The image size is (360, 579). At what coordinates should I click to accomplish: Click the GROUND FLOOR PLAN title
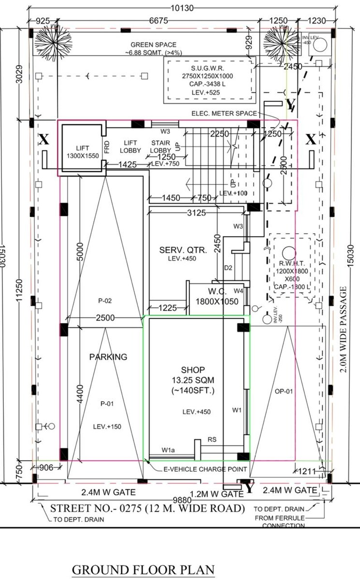tap(143, 570)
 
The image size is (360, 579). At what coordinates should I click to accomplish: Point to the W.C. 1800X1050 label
tap(217, 296)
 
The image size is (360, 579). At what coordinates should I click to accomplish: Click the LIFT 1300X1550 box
tap(80, 152)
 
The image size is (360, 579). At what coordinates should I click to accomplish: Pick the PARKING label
tap(108, 357)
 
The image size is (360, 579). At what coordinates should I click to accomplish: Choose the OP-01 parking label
tap(286, 391)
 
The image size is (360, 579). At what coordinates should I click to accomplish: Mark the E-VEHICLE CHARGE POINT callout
tap(206, 469)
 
